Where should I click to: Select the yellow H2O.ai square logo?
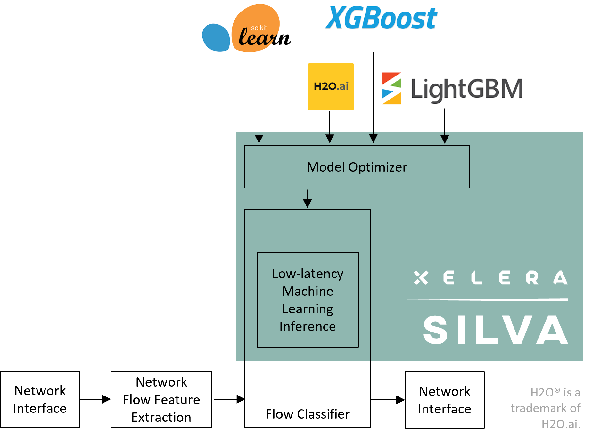pos(331,87)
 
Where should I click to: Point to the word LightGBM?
pos(466,89)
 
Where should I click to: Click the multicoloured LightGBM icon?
pos(391,88)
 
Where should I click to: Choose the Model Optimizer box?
pos(357,167)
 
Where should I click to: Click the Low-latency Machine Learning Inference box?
pos(308,300)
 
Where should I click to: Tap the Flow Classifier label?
pos(308,414)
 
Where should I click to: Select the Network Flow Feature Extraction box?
pos(161,399)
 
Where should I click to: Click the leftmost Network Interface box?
pos(40,399)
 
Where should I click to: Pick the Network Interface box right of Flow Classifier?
pos(444,400)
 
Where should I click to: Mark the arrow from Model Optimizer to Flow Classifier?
pos(307,199)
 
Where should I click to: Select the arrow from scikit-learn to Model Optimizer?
pos(259,106)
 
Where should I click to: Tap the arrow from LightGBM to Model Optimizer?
pos(445,126)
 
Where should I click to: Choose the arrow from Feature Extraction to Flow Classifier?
pos(229,399)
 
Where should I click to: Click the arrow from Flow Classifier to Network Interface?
pos(388,400)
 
